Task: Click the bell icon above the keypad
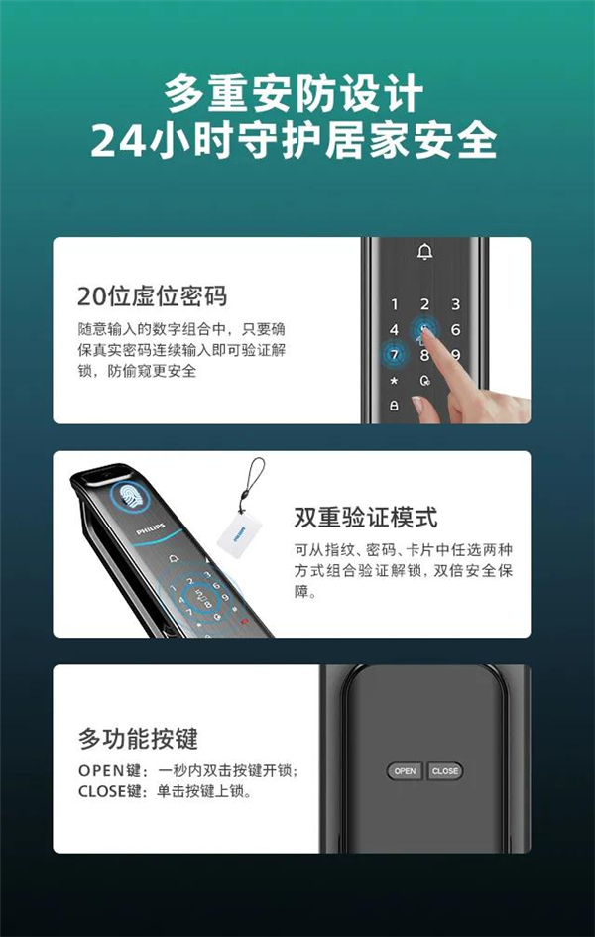425,253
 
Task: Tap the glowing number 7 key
394,355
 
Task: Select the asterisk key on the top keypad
394,381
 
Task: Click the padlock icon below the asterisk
394,406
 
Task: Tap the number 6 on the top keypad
456,330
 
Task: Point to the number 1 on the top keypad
394,305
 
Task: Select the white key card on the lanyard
237,531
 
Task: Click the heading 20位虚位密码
153,296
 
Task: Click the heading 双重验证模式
366,519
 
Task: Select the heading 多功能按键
138,739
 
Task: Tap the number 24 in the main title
118,141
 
